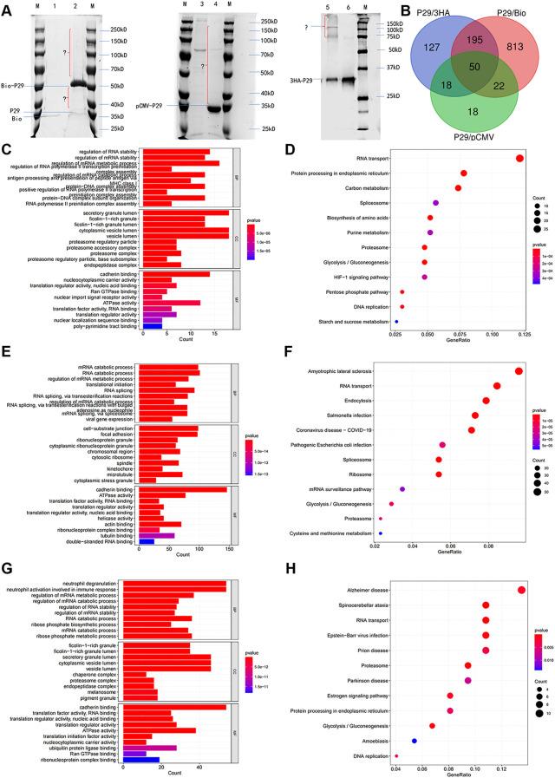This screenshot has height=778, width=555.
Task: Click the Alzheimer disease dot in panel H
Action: coord(521,591)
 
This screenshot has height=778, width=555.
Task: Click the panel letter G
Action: coord(6,572)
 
